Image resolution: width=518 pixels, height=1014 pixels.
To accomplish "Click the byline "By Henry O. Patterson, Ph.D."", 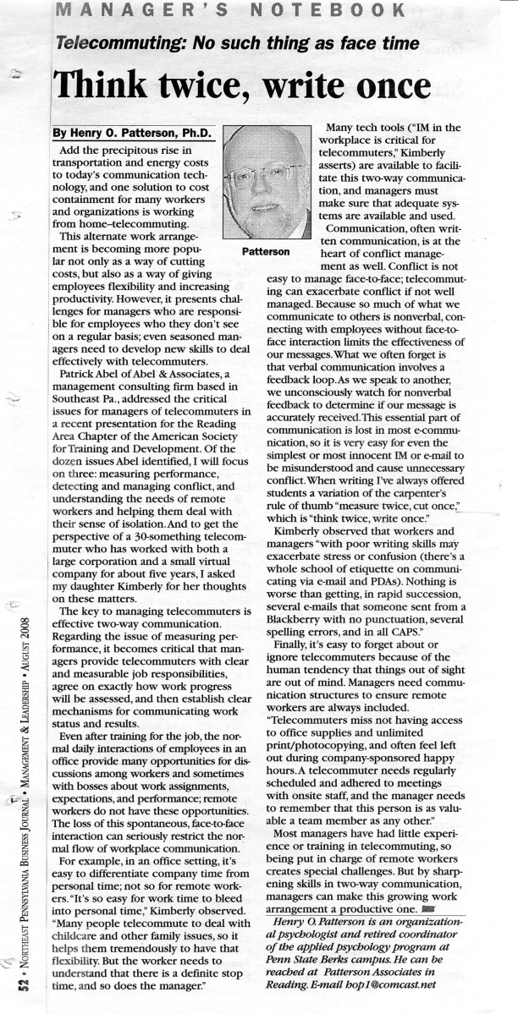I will tap(134, 132).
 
